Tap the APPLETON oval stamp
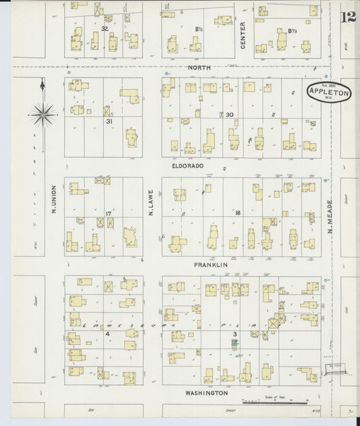pyautogui.click(x=329, y=93)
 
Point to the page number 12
pyautogui.click(x=349, y=17)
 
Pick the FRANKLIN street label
pyautogui.click(x=210, y=265)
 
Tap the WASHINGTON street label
pyautogui.click(x=205, y=392)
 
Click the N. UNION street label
pyautogui.click(x=53, y=200)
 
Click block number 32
pyautogui.click(x=105, y=29)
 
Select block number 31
pyautogui.click(x=109, y=122)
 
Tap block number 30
pyautogui.click(x=230, y=115)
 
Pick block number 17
pyautogui.click(x=108, y=214)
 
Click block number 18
pyautogui.click(x=238, y=213)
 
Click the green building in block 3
pyautogui.click(x=235, y=344)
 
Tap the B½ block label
pyautogui.click(x=200, y=30)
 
